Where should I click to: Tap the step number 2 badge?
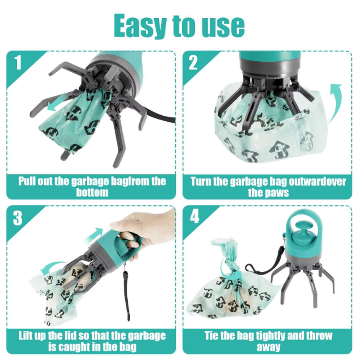point(193,63)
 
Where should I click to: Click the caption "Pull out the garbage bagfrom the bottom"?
point(92,186)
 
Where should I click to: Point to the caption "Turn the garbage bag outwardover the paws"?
point(268,186)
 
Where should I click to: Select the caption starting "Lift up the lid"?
point(92,341)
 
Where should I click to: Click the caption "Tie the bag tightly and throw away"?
point(268,341)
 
